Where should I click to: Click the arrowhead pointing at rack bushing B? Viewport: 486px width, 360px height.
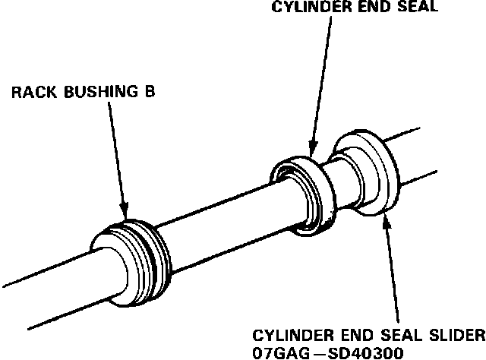tap(125, 213)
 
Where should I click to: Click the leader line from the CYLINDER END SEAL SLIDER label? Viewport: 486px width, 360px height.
tap(393, 273)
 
